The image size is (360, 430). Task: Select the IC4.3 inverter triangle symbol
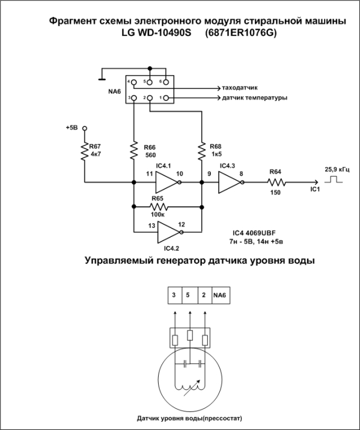[x=230, y=182]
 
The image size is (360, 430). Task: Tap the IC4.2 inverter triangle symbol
[x=168, y=232]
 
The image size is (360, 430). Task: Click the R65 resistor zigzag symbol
[x=159, y=207]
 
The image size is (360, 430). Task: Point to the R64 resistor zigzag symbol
[x=276, y=182]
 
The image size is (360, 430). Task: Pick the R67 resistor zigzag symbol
[x=84, y=151]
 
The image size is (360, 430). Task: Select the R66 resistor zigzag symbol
[x=133, y=150]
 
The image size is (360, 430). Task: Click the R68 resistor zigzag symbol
[x=202, y=151]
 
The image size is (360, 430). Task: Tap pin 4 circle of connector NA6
[x=133, y=82]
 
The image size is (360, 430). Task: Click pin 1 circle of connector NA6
[x=166, y=98]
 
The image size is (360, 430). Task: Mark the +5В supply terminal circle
[x=85, y=128]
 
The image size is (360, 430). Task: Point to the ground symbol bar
[x=102, y=80]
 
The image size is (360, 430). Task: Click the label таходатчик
[x=240, y=88]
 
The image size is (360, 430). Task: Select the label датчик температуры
[x=254, y=97]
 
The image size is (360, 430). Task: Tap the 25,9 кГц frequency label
[x=337, y=170]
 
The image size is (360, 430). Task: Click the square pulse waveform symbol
[x=334, y=180]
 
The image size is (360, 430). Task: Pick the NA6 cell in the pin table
[x=221, y=295]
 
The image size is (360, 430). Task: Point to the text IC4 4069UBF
[x=254, y=233]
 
